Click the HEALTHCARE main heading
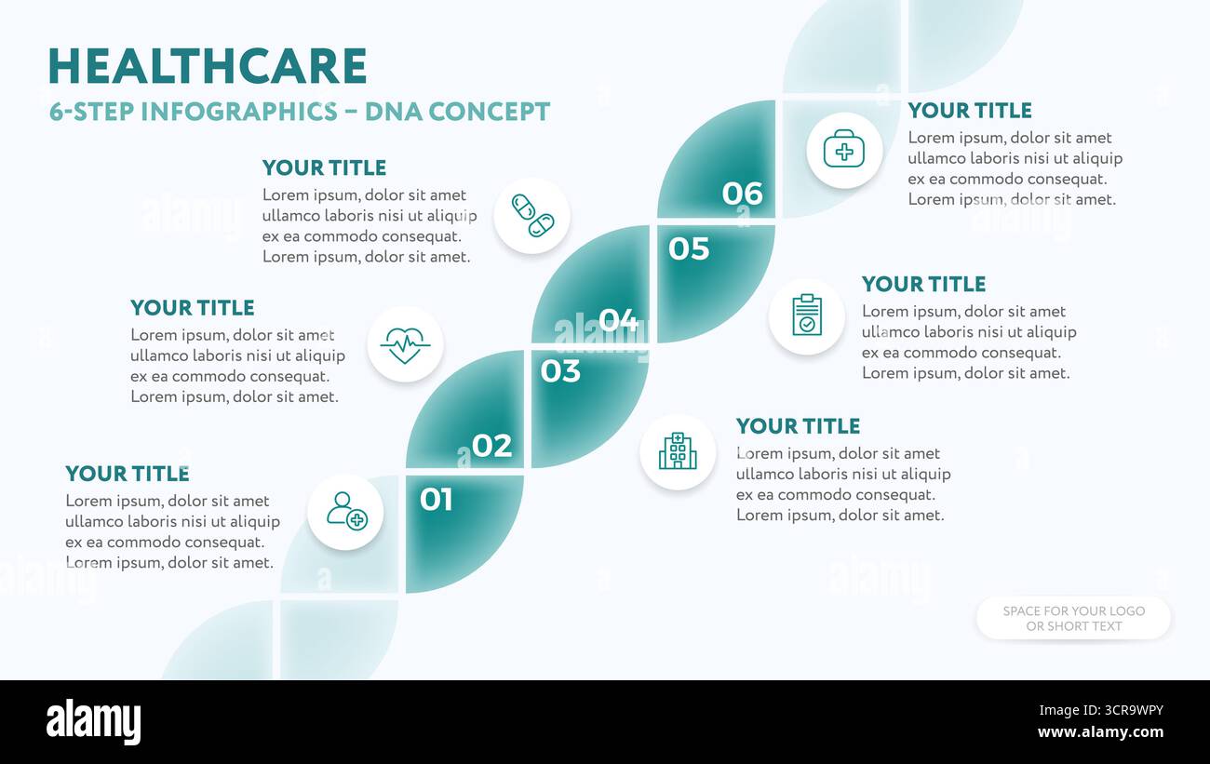tap(208, 66)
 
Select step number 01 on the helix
tap(436, 500)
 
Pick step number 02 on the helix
tap(491, 446)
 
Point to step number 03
tap(560, 371)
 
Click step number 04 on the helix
tap(619, 319)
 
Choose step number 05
tap(689, 248)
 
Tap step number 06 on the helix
tap(743, 194)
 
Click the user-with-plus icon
tap(347, 511)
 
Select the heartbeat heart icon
tap(405, 345)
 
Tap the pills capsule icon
tap(532, 216)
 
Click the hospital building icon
tap(678, 450)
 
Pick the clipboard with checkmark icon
tap(807, 315)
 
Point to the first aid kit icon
tap(844, 149)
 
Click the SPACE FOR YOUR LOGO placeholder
tap(1074, 618)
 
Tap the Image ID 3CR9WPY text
tap(1101, 710)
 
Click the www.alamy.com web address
tap(1100, 732)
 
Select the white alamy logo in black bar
tap(93, 722)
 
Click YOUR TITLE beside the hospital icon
tap(798, 426)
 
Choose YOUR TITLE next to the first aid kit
tap(970, 111)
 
